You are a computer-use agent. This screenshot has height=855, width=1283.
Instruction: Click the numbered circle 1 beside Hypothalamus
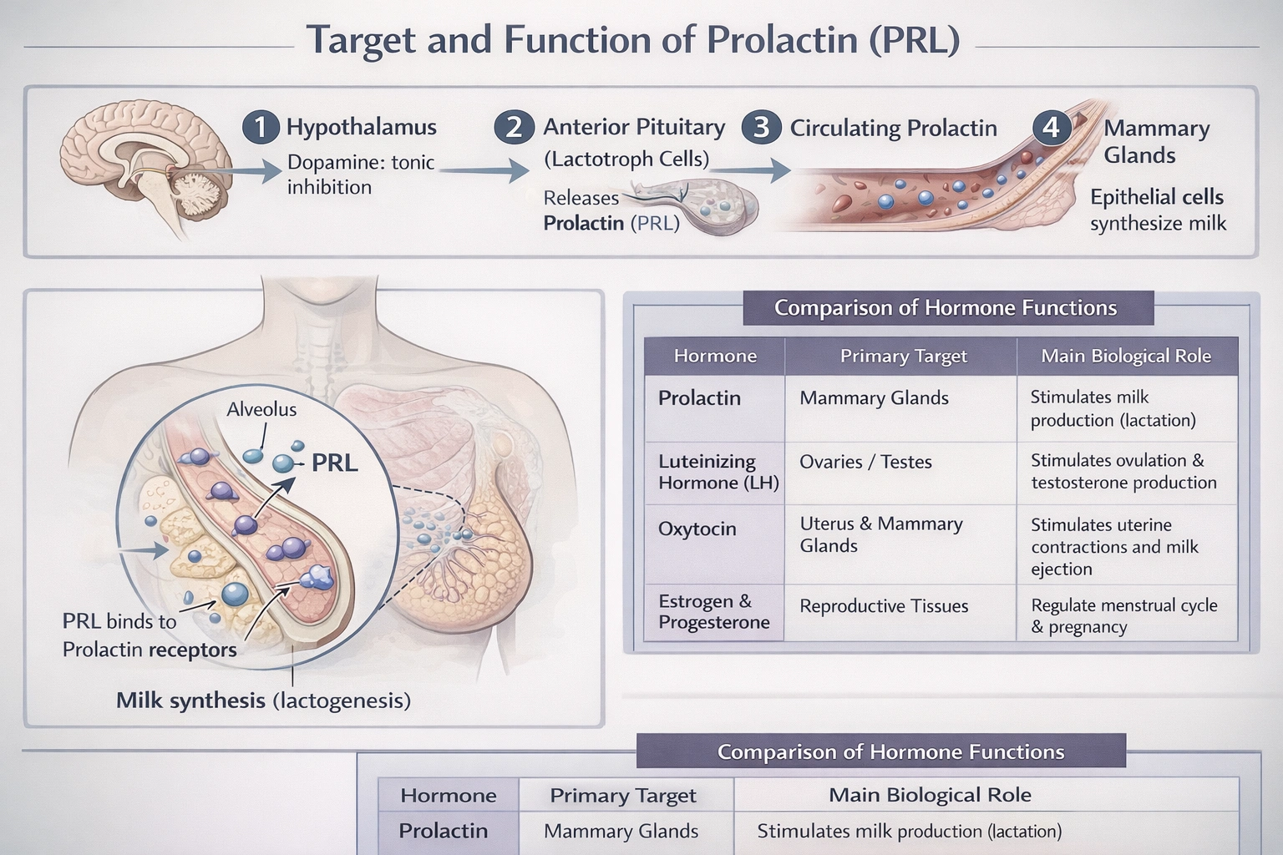(261, 128)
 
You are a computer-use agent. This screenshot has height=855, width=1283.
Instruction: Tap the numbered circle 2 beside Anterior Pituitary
(514, 128)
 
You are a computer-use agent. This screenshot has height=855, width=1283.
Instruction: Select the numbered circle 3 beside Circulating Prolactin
(761, 128)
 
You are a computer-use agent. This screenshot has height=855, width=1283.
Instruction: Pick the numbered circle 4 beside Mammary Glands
(1051, 128)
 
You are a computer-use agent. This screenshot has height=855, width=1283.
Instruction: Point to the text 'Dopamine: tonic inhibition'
(360, 175)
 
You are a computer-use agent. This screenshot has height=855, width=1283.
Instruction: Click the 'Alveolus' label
(261, 409)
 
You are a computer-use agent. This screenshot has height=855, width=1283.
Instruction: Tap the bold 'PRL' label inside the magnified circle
(334, 463)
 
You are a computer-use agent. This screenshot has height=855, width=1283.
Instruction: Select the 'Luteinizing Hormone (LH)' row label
(718, 472)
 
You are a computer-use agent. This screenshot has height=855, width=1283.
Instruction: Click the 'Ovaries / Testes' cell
(865, 462)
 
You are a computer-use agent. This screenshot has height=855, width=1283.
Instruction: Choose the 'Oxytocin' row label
(697, 529)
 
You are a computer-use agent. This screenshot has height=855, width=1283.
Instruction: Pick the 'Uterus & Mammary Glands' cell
(880, 534)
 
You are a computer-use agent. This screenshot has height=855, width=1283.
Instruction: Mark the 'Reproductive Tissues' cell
(884, 606)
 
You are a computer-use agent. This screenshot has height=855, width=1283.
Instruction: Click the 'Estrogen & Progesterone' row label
(713, 612)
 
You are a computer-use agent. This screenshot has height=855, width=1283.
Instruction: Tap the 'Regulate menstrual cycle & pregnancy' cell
(1123, 616)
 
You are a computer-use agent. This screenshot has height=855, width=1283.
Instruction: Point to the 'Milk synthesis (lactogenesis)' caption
(263, 701)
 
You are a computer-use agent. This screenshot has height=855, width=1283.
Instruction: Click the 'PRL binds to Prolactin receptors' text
(150, 635)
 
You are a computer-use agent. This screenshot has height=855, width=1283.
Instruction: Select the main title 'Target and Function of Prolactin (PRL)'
(632, 40)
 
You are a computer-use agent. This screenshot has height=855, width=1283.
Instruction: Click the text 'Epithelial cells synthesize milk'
(1158, 210)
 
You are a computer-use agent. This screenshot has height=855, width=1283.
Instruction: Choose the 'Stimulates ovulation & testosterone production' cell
(1123, 472)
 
